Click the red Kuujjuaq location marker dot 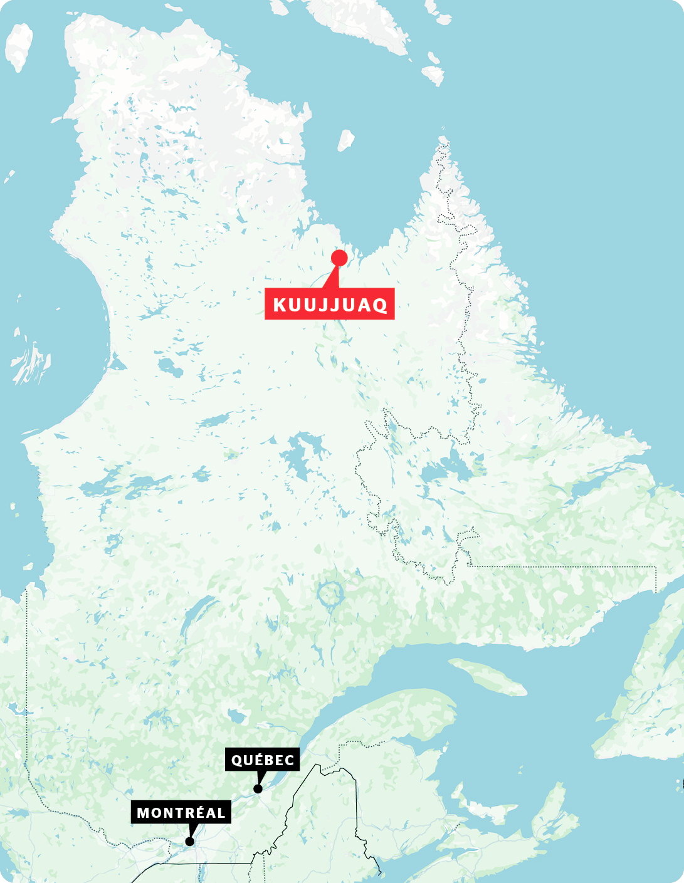tap(339, 258)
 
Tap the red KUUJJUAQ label tap(330, 305)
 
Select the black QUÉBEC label tap(263, 760)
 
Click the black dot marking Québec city tap(257, 788)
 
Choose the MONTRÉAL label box tap(181, 813)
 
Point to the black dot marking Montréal tap(189, 841)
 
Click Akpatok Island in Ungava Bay tap(345, 140)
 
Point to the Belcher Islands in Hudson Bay tap(30, 363)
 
